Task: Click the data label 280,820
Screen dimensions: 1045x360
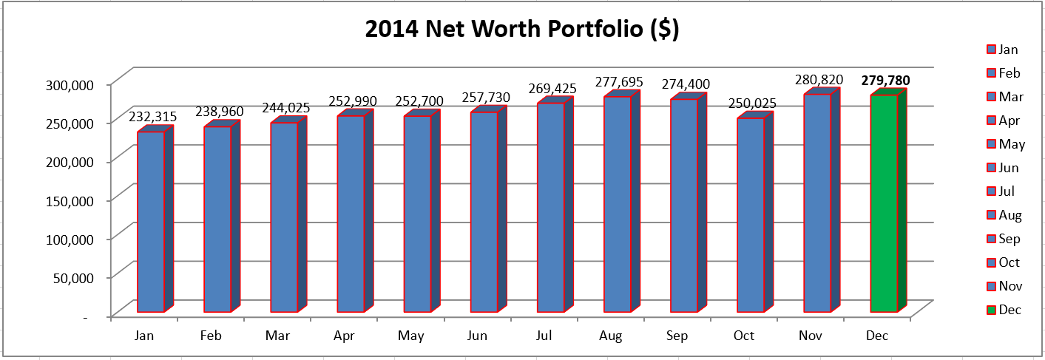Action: pyautogui.click(x=819, y=80)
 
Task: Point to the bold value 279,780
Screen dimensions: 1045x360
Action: pyautogui.click(x=885, y=81)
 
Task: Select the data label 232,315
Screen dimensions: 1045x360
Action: pyautogui.click(x=153, y=117)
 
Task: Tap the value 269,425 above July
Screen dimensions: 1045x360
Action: pyautogui.click(x=552, y=88)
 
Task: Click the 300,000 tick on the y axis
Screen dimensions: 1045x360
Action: pyautogui.click(x=70, y=85)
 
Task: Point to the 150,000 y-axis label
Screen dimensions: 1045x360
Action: pyautogui.click(x=70, y=201)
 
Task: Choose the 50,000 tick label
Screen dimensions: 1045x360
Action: pyautogui.click(x=74, y=278)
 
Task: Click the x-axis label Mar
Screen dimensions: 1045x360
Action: pyautogui.click(x=277, y=336)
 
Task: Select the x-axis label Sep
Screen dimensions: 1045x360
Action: pyautogui.click(x=677, y=336)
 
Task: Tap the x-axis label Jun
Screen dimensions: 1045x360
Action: pyautogui.click(x=477, y=336)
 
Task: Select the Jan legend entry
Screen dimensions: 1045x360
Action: pyautogui.click(x=1003, y=50)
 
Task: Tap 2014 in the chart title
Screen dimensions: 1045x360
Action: pyautogui.click(x=392, y=29)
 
